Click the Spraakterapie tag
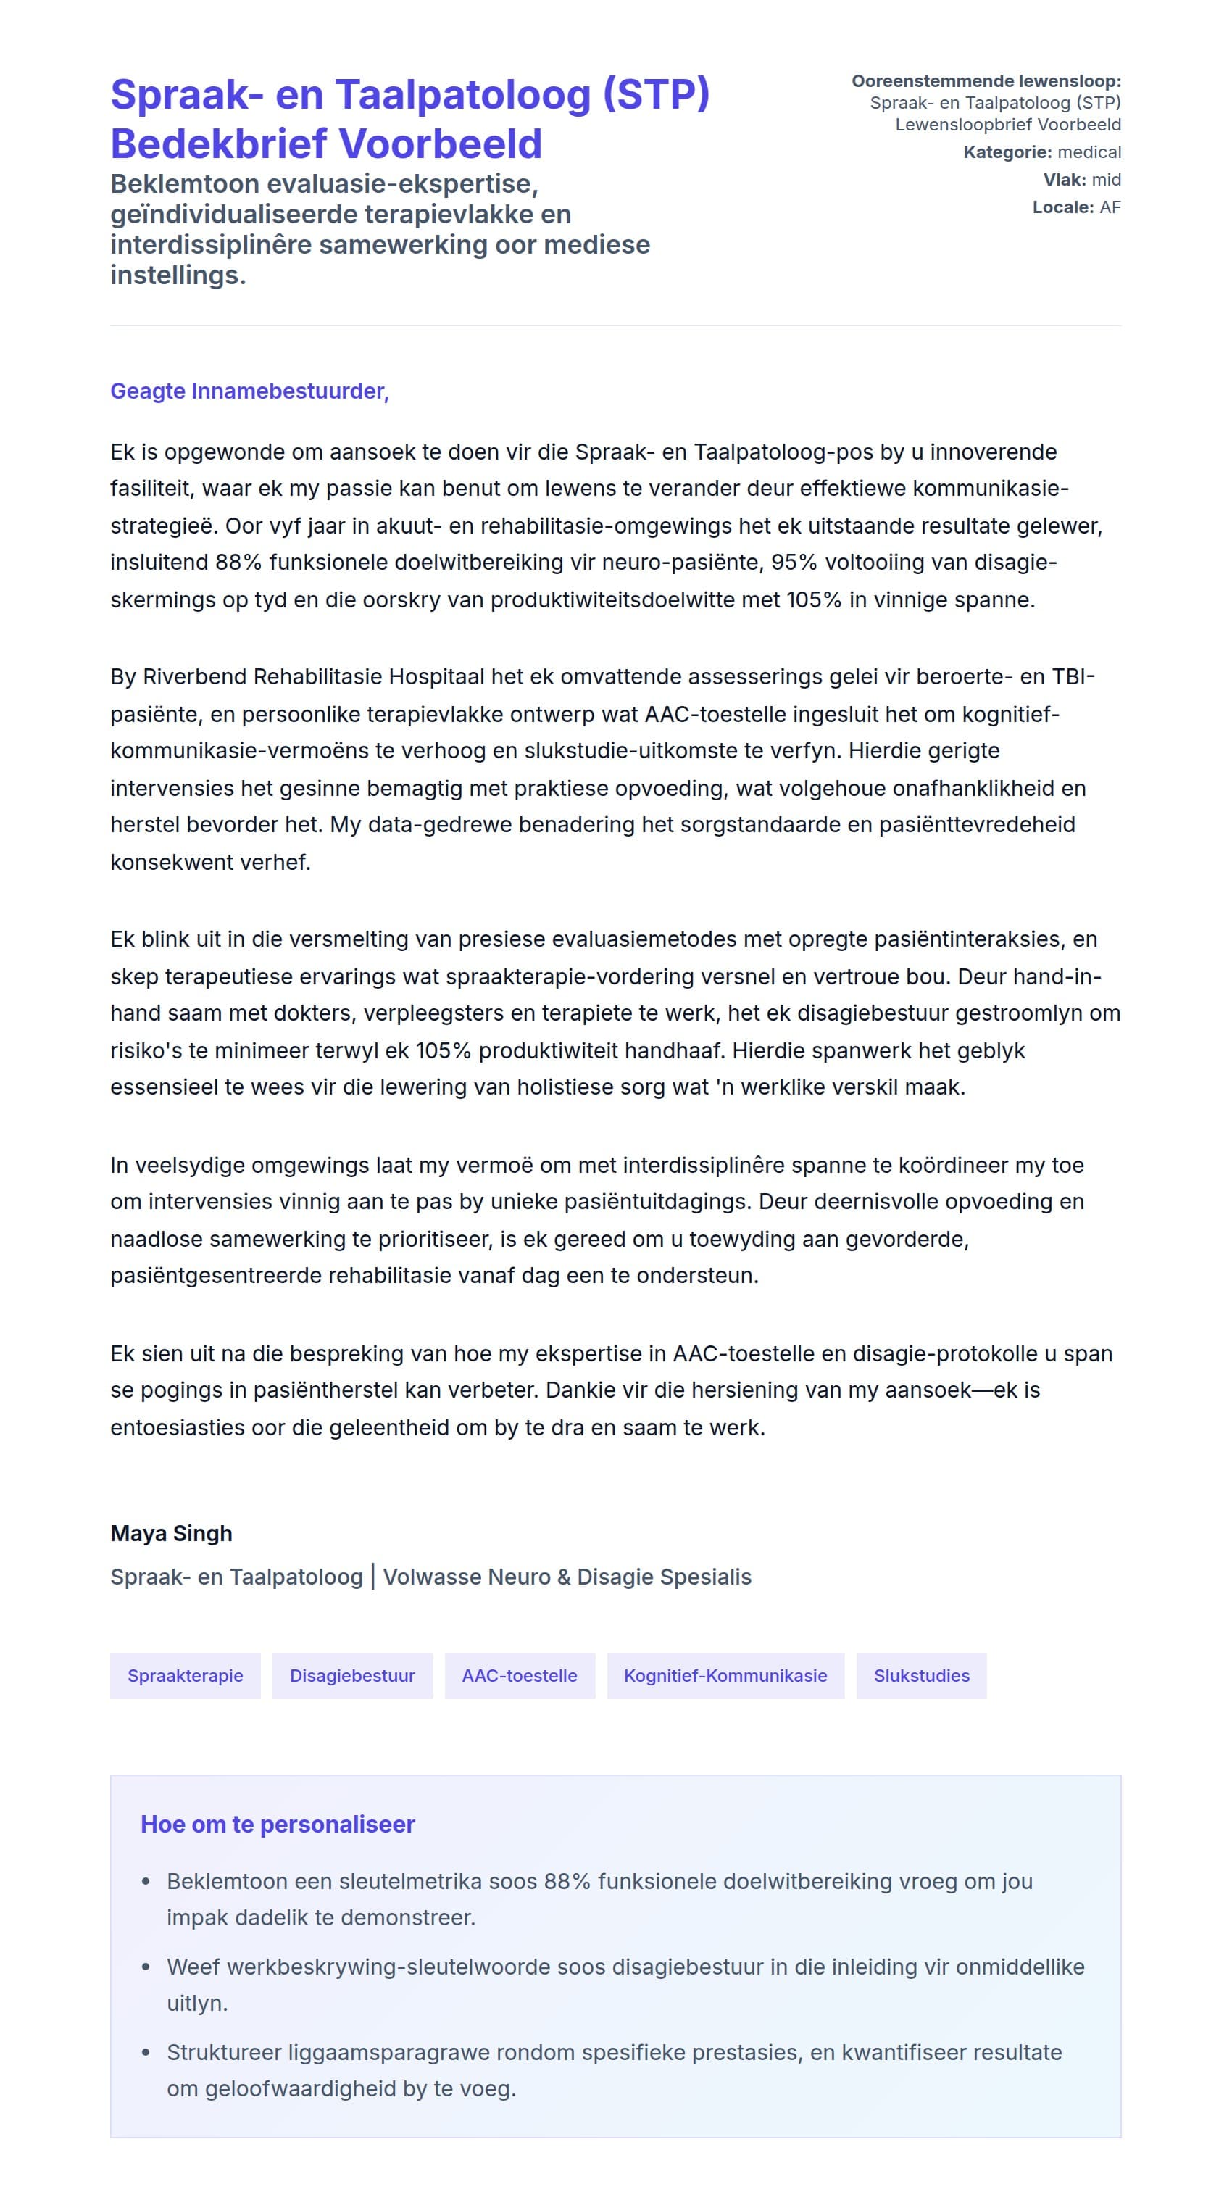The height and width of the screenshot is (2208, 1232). point(185,1675)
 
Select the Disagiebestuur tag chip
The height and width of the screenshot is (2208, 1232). point(352,1675)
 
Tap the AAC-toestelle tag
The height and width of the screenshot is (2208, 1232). point(519,1675)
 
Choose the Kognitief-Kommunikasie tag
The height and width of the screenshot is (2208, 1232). point(725,1675)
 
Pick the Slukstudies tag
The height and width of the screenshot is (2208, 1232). point(921,1675)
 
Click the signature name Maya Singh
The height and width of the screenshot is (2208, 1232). point(171,1532)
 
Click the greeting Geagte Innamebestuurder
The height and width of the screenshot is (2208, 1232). point(249,391)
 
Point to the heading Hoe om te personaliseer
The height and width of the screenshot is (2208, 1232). point(278,1824)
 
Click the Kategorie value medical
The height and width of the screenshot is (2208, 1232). point(1089,152)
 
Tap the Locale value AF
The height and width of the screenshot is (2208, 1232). point(1110,207)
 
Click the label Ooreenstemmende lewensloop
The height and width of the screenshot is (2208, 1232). point(986,81)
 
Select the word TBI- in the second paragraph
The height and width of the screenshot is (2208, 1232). point(1073,676)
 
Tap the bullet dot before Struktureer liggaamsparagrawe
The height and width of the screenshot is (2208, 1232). point(146,2052)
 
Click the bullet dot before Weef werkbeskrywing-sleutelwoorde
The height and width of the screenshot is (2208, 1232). point(146,1967)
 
